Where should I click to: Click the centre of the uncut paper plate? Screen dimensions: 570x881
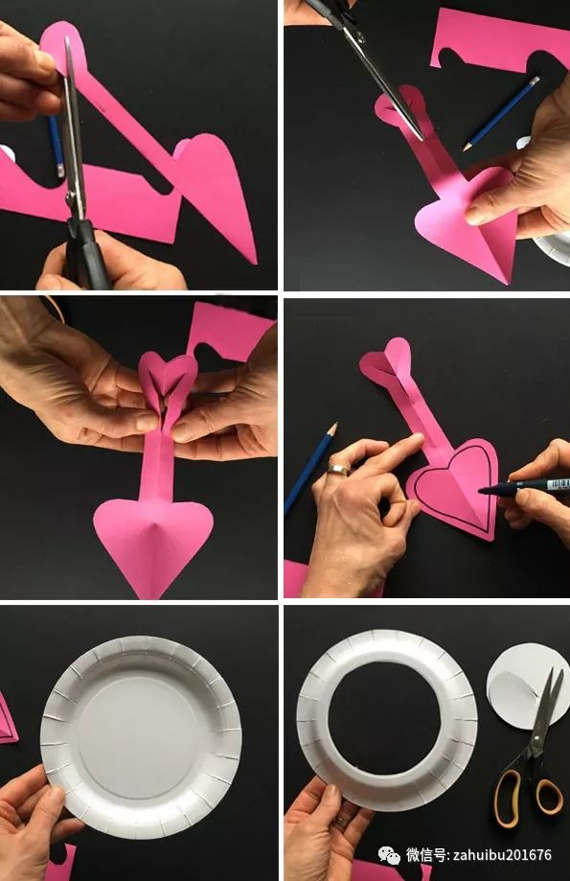point(141,736)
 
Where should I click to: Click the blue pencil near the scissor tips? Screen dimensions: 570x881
point(501,113)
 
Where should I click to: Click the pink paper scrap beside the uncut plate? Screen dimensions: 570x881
point(8,719)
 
